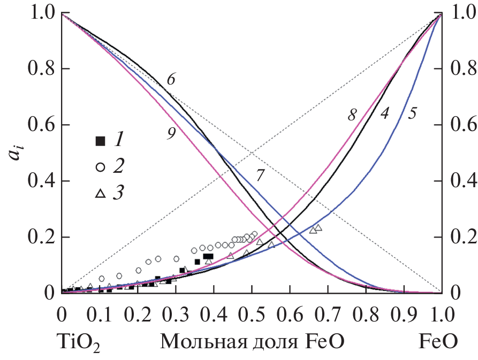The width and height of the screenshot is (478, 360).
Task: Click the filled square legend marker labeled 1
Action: tap(100, 141)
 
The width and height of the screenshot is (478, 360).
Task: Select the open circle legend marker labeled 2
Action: tap(100, 167)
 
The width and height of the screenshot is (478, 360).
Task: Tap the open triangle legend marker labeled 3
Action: tap(100, 194)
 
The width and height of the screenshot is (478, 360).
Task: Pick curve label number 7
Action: tap(259, 176)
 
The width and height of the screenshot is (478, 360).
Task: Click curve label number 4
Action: tap(384, 113)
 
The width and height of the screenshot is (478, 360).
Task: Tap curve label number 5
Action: tap(412, 113)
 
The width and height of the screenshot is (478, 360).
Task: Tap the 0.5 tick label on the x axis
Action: tap(252, 311)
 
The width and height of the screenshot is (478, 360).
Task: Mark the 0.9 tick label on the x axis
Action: tap(403, 311)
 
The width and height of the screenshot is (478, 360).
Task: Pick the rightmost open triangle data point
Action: tap(318, 228)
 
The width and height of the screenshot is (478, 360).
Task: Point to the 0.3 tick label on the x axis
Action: tap(176, 311)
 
